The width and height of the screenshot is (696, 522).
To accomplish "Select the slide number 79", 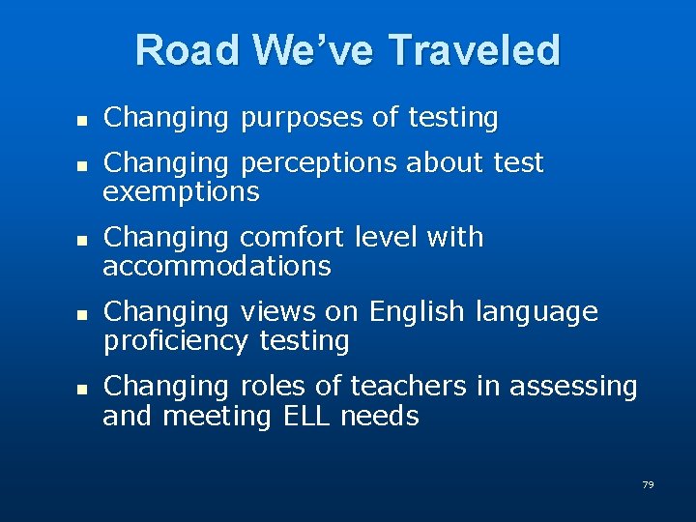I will (648, 484).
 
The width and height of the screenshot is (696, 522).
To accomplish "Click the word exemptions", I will (181, 192).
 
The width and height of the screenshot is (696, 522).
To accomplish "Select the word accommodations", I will (217, 266).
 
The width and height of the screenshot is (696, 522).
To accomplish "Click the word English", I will (417, 312).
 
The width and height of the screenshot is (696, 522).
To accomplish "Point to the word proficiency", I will (177, 341).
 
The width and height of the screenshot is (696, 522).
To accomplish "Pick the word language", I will (536, 312).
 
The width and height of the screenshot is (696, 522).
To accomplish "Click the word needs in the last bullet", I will (380, 417).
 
